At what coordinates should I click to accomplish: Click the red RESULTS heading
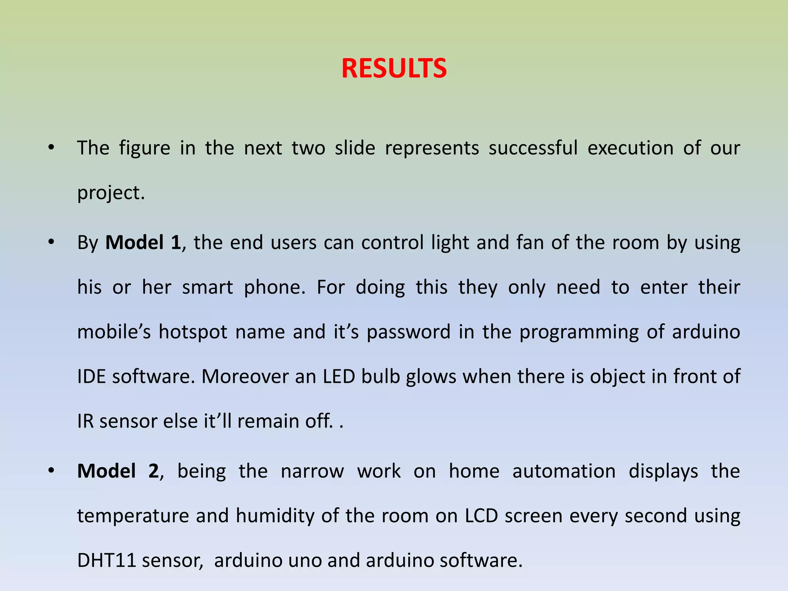(x=394, y=68)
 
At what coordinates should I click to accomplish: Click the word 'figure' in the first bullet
(x=144, y=149)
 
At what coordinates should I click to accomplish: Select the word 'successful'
(x=533, y=148)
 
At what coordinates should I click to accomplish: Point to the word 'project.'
(x=111, y=193)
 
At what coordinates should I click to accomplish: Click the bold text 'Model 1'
(x=143, y=243)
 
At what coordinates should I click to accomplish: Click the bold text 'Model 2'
(x=118, y=471)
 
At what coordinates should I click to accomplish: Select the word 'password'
(x=408, y=332)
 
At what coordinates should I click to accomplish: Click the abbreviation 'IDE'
(x=92, y=376)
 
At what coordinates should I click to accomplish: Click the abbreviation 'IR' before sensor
(x=85, y=421)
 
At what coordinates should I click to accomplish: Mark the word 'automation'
(x=564, y=471)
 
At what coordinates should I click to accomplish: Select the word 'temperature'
(x=133, y=516)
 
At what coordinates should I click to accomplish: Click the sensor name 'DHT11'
(x=107, y=560)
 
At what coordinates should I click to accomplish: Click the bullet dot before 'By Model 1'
(x=51, y=242)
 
